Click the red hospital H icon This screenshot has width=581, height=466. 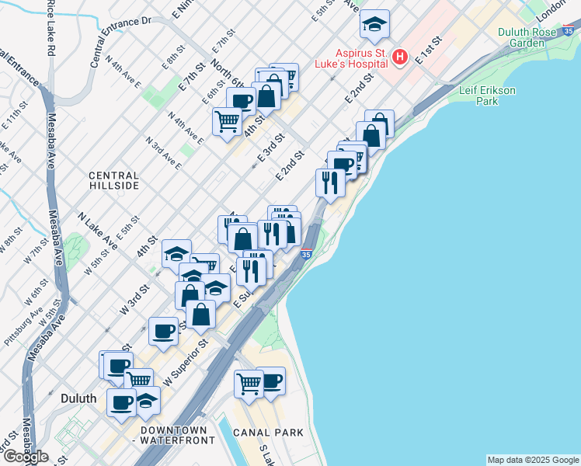coord(400,57)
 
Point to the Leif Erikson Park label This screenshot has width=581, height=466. coord(487,96)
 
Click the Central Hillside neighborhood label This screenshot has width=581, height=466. coord(113,181)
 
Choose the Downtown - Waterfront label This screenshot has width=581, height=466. coord(174,435)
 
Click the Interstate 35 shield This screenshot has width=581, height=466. coord(306,254)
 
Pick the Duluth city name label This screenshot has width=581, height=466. coord(78,398)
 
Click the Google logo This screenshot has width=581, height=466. coord(26,457)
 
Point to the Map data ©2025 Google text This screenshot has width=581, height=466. coord(533,460)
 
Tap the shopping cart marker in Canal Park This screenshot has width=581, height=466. coord(249,383)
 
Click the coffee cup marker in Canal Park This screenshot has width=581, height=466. coord(270,380)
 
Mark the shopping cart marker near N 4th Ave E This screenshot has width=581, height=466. coord(227,120)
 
